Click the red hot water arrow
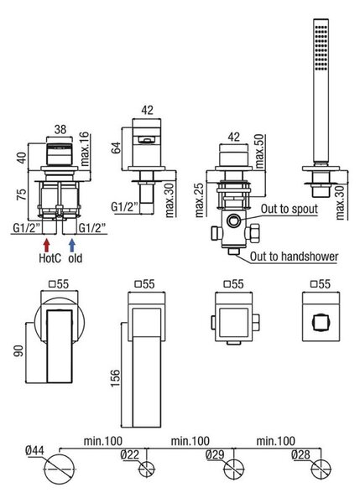pos(46,245)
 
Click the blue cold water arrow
pos(72,245)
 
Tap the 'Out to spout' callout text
pos(289,209)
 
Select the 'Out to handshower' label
pos(294,257)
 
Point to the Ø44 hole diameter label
pos(35,450)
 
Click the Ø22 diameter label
pos(130,454)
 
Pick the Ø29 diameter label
pos(215,454)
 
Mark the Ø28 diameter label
pos(301,454)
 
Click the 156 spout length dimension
pos(115,378)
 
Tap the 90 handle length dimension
pos(19,351)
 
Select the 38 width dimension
pos(60,129)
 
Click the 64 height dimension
pos(116,148)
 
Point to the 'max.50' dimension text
pos(259,152)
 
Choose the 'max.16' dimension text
pos(85,149)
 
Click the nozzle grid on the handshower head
pos(321,46)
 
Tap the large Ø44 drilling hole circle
pos(60,469)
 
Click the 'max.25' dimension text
pos(199,200)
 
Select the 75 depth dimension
pos(22,194)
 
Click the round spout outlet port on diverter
pos(233,220)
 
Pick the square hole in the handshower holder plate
pos(321,322)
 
